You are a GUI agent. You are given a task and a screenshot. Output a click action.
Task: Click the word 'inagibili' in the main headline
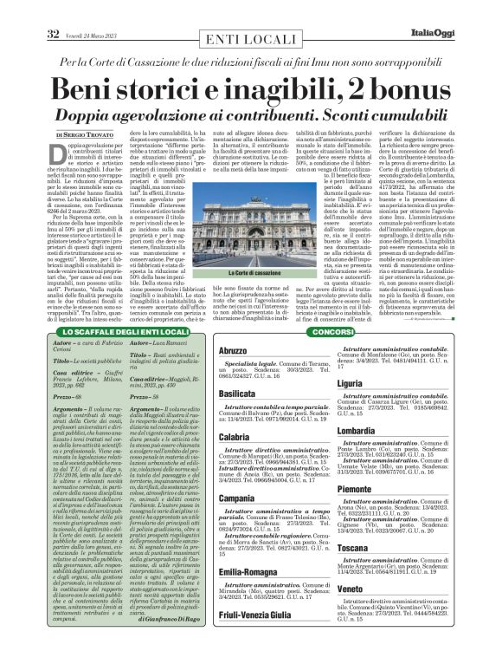tap(303, 88)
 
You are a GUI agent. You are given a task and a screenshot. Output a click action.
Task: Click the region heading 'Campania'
tap(216, 498)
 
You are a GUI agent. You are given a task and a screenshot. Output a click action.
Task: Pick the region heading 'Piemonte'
tap(355, 490)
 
